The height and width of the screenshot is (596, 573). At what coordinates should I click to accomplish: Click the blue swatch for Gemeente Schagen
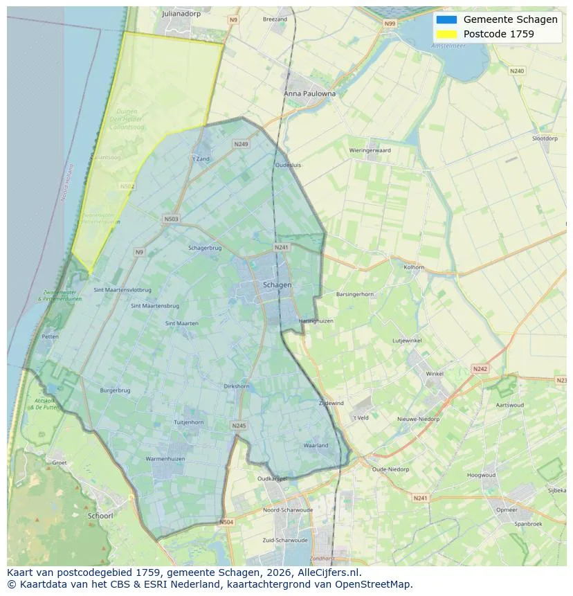click(x=446, y=19)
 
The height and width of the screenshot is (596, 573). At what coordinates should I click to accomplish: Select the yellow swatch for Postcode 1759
click(x=446, y=34)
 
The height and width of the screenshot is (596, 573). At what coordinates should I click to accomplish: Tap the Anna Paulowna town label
click(x=309, y=93)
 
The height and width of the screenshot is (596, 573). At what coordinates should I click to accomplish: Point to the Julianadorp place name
click(x=181, y=13)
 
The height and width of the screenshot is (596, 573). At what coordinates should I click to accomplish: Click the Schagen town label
click(x=277, y=285)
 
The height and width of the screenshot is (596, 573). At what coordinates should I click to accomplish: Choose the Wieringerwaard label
click(x=370, y=150)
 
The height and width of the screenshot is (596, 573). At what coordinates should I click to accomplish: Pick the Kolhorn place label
click(x=414, y=267)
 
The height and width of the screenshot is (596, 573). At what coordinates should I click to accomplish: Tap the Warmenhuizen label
click(x=165, y=459)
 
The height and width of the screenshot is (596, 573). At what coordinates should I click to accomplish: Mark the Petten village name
click(x=50, y=336)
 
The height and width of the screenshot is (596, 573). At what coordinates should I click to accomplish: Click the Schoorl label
click(x=100, y=516)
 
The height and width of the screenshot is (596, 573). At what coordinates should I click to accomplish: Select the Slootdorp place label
click(x=545, y=138)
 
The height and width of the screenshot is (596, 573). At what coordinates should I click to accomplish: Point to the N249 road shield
click(x=241, y=144)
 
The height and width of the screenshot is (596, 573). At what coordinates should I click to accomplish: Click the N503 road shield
click(x=171, y=219)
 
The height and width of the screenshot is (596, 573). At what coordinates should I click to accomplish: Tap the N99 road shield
click(x=390, y=24)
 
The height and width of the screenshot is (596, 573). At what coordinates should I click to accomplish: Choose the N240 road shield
click(x=516, y=71)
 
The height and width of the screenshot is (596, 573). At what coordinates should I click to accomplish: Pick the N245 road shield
click(x=239, y=426)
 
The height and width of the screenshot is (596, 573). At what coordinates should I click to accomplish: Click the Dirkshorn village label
click(x=237, y=386)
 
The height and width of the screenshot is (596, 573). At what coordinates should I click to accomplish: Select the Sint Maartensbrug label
click(x=155, y=305)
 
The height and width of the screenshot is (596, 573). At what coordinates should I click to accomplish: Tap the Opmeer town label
click(x=507, y=509)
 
